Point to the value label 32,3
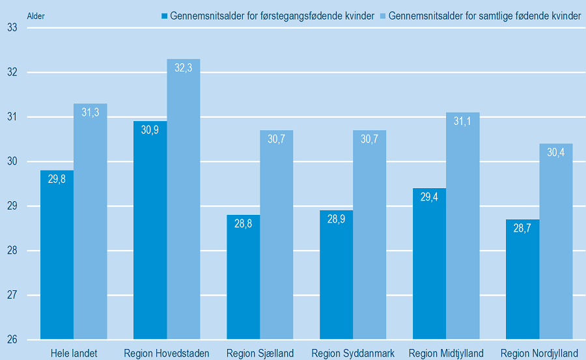coord(184,68)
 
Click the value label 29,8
coord(57,179)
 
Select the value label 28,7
coord(523,228)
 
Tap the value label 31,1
coord(463,121)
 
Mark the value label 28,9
coord(336,219)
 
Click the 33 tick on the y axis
coord(12,28)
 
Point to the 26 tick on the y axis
coord(12,340)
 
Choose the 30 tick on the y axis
coord(12,161)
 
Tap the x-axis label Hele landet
coord(74,353)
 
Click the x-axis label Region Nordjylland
coord(539,353)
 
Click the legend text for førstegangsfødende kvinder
coord(272,16)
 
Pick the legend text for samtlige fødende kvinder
coord(484,16)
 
